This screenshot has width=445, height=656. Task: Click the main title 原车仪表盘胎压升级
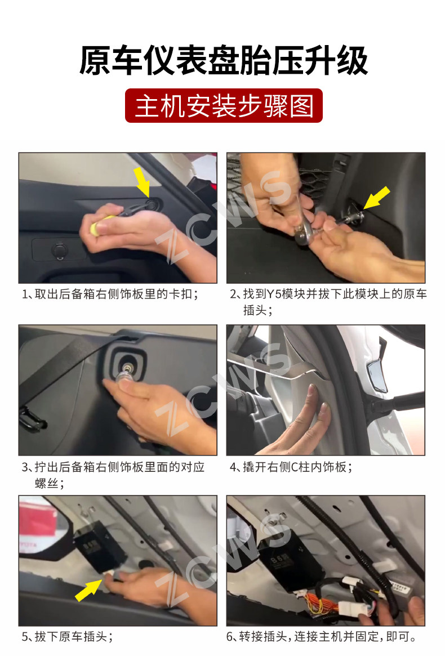tap(224, 61)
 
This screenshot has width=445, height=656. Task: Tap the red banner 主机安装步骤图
tap(224, 105)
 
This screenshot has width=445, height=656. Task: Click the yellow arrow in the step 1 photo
tap(143, 181)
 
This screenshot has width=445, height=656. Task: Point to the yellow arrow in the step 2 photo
tap(376, 198)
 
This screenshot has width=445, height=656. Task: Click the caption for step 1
tap(110, 294)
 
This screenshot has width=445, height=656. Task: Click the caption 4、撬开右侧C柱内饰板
tap(291, 467)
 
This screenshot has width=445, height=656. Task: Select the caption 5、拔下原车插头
tap(68, 636)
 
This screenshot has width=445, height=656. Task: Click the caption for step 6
tap(322, 636)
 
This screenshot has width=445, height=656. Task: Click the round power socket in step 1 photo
tap(59, 251)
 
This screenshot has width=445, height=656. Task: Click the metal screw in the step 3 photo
tap(125, 375)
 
